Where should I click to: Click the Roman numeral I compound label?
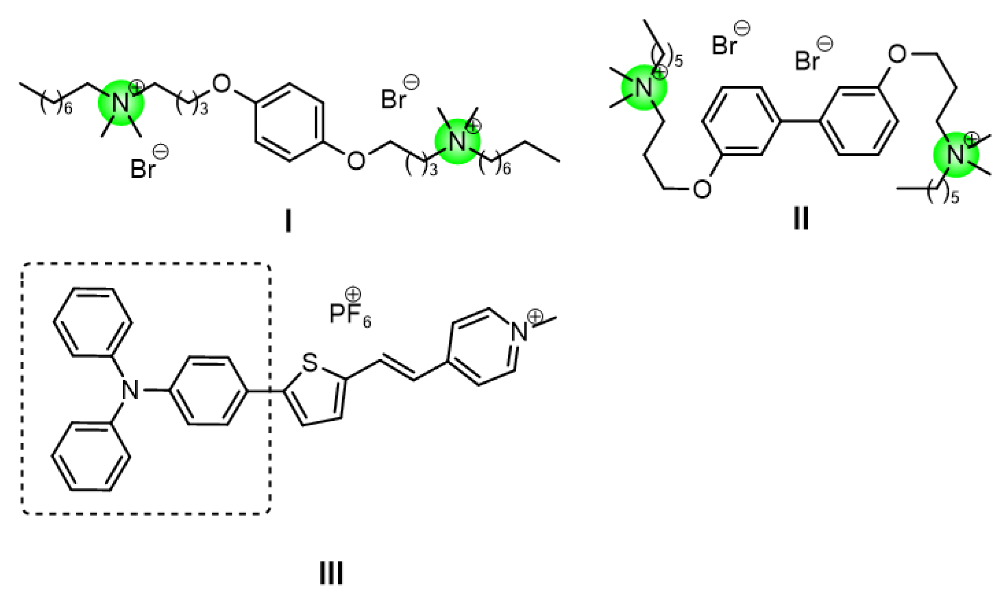tap(288, 222)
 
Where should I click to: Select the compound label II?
tap(801, 219)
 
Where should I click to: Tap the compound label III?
tap(331, 574)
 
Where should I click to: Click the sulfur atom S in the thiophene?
tap(310, 363)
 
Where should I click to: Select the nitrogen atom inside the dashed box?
tap(130, 391)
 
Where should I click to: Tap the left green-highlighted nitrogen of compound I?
tap(121, 103)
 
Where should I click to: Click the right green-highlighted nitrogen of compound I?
tap(458, 141)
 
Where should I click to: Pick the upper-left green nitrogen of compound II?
tap(644, 88)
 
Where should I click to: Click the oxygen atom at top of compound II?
tap(897, 54)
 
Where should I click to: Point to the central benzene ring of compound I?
tap(290, 122)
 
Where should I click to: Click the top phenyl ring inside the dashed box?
tap(93, 322)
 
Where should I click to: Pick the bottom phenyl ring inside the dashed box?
tap(91, 456)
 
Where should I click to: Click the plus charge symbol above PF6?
tap(353, 294)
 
